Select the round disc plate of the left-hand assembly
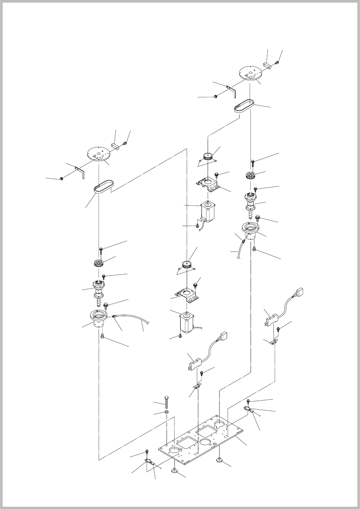[x=99, y=154]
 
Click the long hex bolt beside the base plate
[x=167, y=402]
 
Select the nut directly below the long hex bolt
[x=167, y=412]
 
